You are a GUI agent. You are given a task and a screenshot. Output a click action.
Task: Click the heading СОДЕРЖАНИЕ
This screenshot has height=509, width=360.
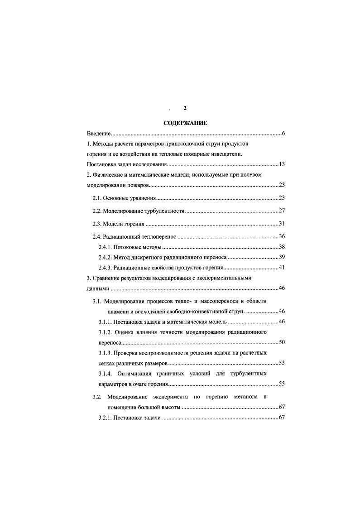coord(185,123)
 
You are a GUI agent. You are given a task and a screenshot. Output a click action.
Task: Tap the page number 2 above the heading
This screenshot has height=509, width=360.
coord(185,108)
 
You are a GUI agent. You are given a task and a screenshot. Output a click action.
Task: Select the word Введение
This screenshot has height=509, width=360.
coord(99,134)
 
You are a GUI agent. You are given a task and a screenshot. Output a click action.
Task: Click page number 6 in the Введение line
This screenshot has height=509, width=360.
coord(283,134)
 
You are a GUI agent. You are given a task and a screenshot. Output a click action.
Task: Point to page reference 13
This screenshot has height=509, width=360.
coord(281,164)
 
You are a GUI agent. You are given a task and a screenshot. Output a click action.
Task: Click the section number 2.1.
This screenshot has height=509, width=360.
coord(97,198)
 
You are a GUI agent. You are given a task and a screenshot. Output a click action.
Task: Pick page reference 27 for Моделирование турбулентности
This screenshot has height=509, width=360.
coord(281,211)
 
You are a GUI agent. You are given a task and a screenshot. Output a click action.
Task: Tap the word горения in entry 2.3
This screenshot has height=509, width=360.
coord(134,224)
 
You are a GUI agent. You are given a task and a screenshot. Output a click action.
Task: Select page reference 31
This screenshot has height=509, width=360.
coord(281,224)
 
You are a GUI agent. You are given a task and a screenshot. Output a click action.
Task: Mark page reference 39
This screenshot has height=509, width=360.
coord(281,257)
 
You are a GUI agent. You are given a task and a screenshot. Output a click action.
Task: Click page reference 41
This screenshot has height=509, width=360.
coord(281,268)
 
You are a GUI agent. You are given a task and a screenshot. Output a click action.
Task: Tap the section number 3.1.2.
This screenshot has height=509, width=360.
coord(107,332)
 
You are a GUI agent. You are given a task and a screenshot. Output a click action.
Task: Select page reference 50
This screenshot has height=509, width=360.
coord(281,342)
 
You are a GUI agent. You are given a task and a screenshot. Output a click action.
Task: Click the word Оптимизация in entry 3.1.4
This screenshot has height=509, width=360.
coord(138,374)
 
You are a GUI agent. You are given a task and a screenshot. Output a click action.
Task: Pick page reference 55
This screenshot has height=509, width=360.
coord(281,384)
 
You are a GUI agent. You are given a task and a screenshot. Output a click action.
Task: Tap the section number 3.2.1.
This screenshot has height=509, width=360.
coord(107,418)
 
